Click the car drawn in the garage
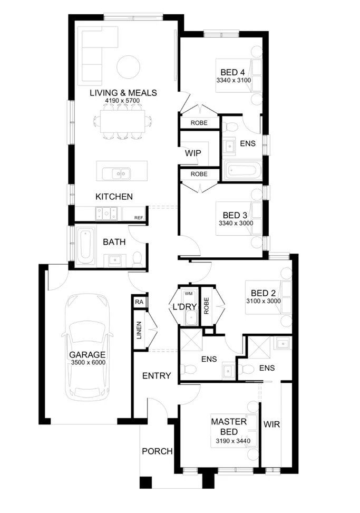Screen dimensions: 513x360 [87, 348]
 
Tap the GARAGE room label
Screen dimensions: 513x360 [87, 355]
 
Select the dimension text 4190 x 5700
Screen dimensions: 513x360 [123, 101]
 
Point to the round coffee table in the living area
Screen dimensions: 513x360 [128, 67]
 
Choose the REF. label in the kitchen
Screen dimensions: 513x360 [139, 217]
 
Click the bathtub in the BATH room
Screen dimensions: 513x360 [85, 246]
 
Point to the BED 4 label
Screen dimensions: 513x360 [232, 72]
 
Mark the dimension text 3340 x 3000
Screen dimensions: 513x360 [236, 223]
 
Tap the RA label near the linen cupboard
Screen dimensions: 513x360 [139, 302]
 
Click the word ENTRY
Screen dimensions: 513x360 [157, 375]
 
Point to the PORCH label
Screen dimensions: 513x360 [157, 451]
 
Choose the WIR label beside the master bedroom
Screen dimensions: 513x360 [271, 424]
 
